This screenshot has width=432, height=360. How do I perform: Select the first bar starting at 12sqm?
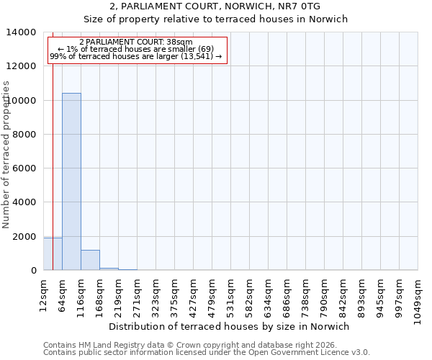pyautogui.click(x=53, y=253)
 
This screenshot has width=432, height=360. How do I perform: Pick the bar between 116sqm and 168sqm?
pyautogui.click(x=90, y=260)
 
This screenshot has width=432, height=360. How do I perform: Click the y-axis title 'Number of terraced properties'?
pyautogui.click(x=6, y=154)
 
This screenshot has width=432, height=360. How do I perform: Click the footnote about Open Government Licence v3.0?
pyautogui.click(x=207, y=352)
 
